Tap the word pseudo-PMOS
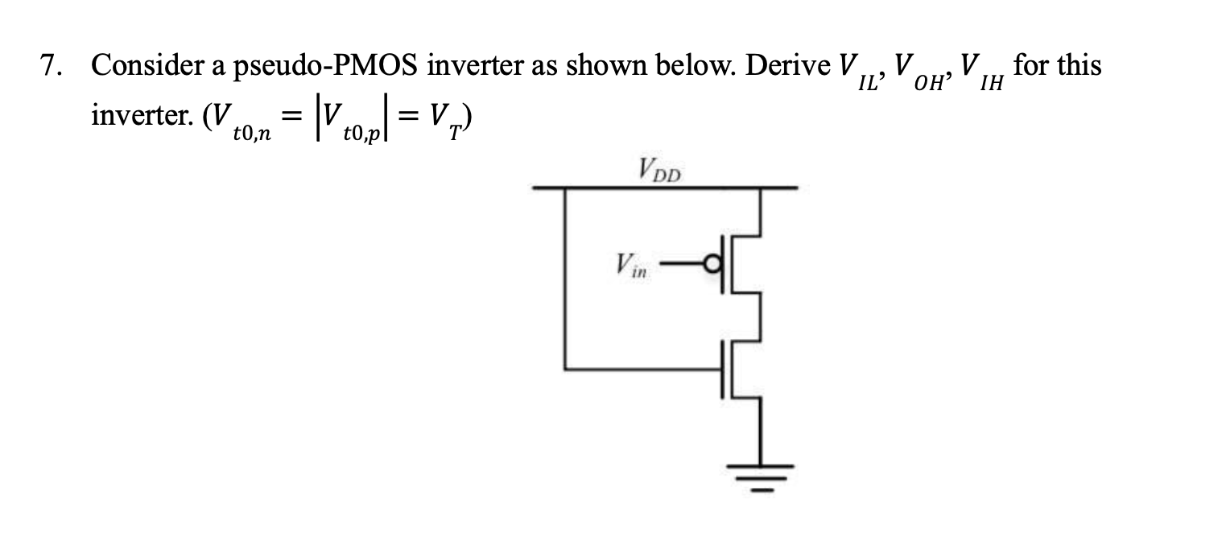326,67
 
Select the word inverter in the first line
474,66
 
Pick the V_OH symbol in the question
923,71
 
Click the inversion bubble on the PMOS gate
712,263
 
